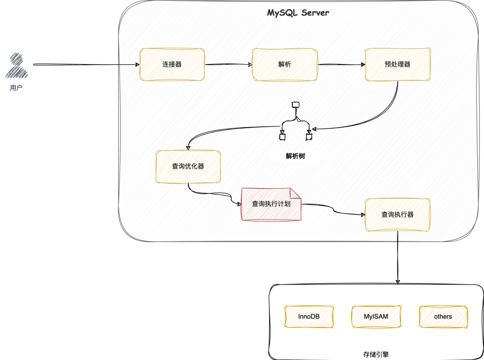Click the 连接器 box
click(x=172, y=64)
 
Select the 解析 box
click(x=285, y=64)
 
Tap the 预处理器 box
click(x=398, y=64)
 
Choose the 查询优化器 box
click(x=188, y=166)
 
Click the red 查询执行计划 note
click(x=271, y=204)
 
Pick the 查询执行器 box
click(x=398, y=215)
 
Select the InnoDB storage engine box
click(x=309, y=317)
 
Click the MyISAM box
click(x=376, y=317)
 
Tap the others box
click(x=443, y=317)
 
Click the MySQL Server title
click(x=298, y=13)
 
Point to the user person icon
click(x=17, y=65)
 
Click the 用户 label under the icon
click(x=16, y=88)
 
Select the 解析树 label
click(x=295, y=156)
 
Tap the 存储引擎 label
click(x=376, y=354)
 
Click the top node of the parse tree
click(x=295, y=105)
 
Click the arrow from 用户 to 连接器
click(x=85, y=64)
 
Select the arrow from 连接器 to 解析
click(x=229, y=64)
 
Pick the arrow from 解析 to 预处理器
click(x=341, y=64)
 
